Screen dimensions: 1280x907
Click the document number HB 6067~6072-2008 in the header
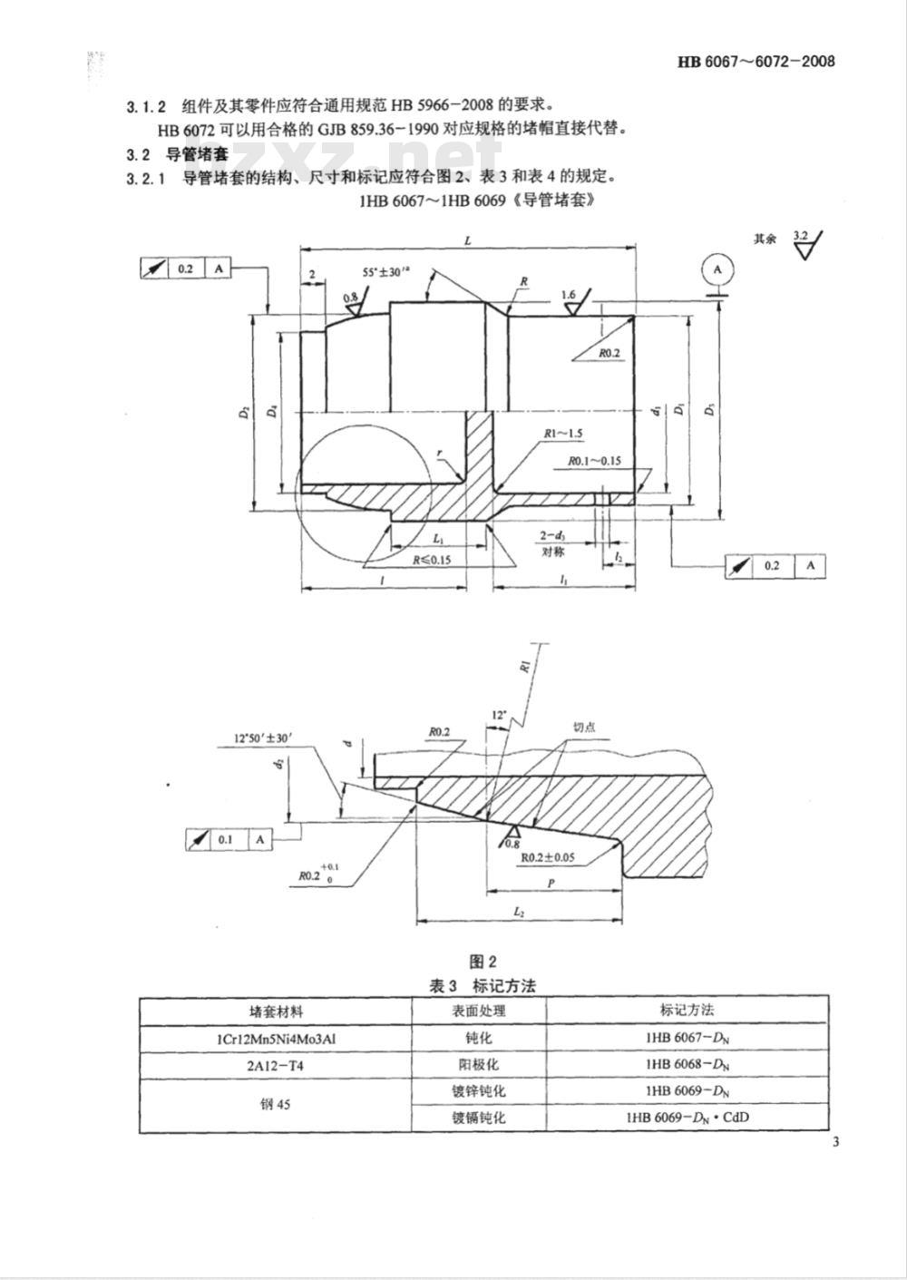[756, 62]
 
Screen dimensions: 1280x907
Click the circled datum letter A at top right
[717, 269]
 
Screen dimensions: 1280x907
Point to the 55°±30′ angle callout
[388, 271]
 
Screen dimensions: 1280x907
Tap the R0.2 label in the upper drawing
[609, 353]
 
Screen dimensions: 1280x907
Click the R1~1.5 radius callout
[563, 435]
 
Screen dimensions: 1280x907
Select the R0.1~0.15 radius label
[595, 461]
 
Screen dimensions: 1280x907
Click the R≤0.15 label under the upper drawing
[432, 560]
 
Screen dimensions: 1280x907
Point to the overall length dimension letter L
[467, 241]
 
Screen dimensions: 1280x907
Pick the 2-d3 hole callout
[552, 536]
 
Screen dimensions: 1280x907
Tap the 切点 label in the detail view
[584, 727]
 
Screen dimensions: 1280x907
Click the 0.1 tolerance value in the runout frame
[225, 839]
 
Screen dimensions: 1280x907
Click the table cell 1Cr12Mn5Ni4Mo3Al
[276, 1039]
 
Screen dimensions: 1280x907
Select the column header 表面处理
[479, 1011]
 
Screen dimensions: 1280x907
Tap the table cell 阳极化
[479, 1064]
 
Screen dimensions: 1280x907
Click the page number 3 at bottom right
[834, 1141]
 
